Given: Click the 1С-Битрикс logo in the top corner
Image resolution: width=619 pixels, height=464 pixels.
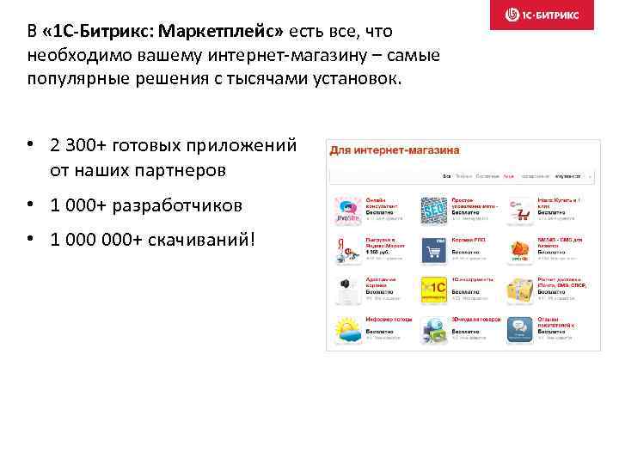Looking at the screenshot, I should coord(546,15).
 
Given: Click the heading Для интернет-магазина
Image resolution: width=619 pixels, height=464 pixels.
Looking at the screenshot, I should coord(394,150).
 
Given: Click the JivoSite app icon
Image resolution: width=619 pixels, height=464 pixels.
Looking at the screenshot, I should coord(347,211).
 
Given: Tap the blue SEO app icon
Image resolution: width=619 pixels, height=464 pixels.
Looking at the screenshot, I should coord(432,211).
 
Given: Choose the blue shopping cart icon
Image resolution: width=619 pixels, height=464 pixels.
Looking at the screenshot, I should coord(432,250).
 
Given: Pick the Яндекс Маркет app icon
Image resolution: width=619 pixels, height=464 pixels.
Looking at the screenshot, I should coord(347,250).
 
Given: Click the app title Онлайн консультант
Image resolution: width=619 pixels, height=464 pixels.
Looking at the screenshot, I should coord(382,203).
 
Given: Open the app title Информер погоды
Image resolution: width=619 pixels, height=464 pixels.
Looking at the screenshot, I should coord(384,319).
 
